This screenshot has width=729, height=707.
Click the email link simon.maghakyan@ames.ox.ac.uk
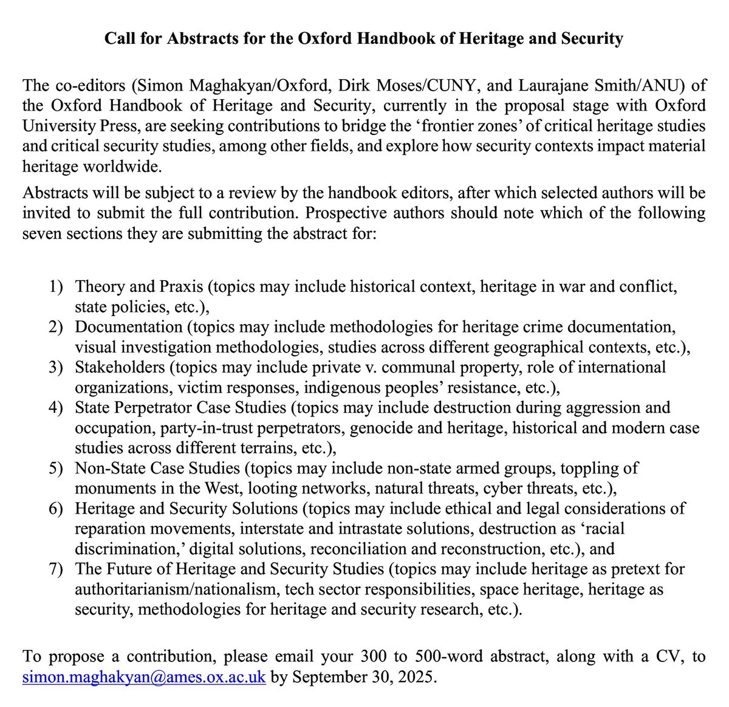tap(144, 677)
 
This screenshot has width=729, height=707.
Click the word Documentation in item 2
tap(129, 326)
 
